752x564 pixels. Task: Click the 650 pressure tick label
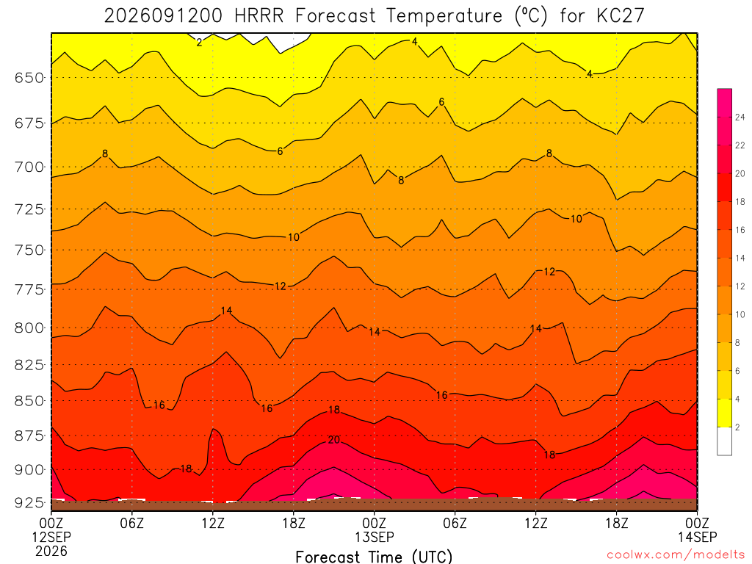click(29, 78)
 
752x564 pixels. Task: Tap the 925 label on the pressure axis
click(29, 502)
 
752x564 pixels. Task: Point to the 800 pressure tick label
click(29, 328)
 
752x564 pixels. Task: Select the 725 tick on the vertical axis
click(29, 209)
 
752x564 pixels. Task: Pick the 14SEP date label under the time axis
click(698, 537)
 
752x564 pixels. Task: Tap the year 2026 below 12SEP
click(51, 551)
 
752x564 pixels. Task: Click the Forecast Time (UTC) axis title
click(374, 557)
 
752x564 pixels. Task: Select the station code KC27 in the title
click(620, 16)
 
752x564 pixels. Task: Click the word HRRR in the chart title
click(259, 16)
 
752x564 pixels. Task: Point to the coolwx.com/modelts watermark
click(676, 555)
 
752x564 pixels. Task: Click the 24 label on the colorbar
click(740, 117)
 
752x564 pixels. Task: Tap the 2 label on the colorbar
click(737, 427)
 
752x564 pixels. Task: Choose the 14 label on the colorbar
click(740, 258)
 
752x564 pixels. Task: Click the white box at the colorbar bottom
click(725, 441)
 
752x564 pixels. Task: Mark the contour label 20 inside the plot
click(334, 440)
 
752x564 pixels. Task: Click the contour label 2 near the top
click(199, 43)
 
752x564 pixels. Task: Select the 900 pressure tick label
click(29, 470)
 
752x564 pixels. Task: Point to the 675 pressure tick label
click(29, 123)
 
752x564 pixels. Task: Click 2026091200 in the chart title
click(164, 16)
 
